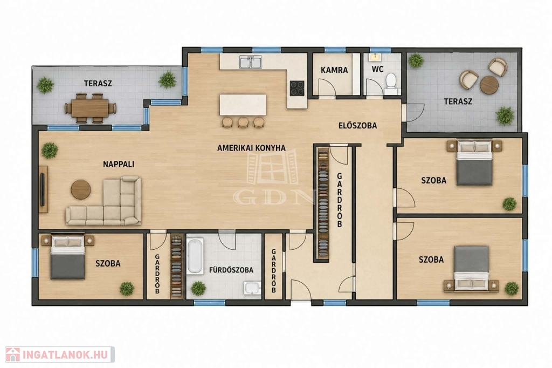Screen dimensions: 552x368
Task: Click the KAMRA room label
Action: click(334, 70)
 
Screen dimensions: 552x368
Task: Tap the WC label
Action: click(377, 69)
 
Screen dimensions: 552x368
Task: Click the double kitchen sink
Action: click(251, 62)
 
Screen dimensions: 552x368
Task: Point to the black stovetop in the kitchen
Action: click(297, 88)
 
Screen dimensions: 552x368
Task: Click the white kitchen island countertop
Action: click(243, 104)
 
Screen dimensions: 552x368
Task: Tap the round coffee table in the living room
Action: click(81, 189)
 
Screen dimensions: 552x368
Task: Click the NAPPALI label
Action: click(119, 164)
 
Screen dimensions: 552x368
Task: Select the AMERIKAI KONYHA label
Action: click(251, 148)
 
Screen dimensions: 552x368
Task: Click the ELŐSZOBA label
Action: click(358, 126)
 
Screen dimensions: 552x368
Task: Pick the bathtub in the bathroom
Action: click(195, 256)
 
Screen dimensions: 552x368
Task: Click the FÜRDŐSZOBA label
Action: click(231, 270)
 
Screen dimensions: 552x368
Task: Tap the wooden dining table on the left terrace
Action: click(90, 108)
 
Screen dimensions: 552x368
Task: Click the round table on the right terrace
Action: click(489, 85)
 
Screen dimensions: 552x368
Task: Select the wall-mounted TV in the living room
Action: click(43, 189)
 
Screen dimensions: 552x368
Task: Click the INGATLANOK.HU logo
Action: click(60, 355)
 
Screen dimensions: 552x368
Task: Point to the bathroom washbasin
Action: click(253, 288)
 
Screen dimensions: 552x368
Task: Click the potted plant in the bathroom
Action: click(198, 288)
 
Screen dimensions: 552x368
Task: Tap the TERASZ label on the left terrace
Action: click(98, 84)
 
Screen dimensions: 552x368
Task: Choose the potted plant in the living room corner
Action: click(50, 151)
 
